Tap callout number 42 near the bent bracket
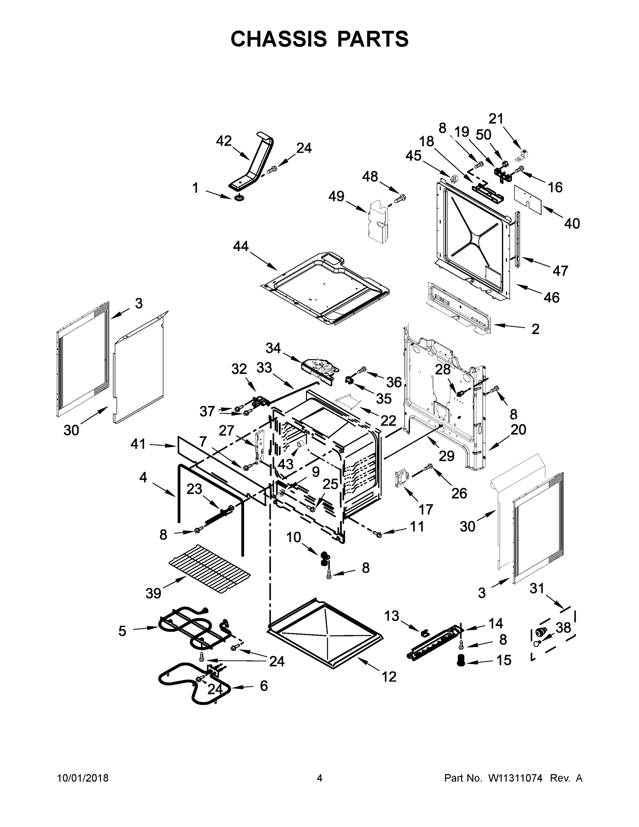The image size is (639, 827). pos(224,141)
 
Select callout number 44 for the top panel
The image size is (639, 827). pos(241,246)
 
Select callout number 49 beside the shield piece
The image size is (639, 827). pos(336,196)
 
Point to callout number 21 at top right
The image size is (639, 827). pos(496,119)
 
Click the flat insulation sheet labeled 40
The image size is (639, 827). pos(528,196)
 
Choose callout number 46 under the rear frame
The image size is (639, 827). pos(552,298)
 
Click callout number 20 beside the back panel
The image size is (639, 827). pos(518,430)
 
